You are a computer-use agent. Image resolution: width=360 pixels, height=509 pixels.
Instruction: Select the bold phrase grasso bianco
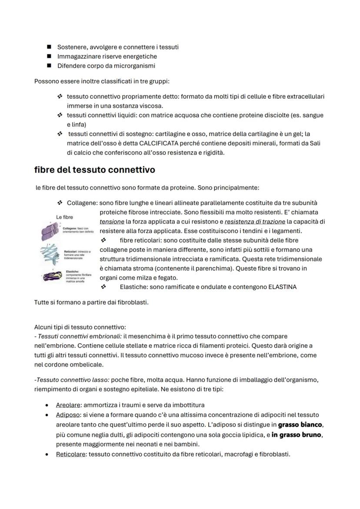(300, 424)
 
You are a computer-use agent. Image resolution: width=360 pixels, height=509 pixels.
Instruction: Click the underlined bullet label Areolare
(69, 405)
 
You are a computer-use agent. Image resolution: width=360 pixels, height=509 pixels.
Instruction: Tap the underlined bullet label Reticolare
(71, 454)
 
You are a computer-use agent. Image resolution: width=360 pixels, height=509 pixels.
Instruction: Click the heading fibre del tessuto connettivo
(94, 170)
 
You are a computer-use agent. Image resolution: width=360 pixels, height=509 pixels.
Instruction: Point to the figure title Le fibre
(65, 217)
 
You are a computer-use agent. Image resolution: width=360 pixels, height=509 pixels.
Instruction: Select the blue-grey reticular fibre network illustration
(52, 253)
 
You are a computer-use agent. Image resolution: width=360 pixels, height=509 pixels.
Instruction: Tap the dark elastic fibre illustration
(52, 275)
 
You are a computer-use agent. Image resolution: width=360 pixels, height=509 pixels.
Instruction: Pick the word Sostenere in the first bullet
(71, 47)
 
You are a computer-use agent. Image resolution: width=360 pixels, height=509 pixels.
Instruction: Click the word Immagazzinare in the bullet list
(79, 57)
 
